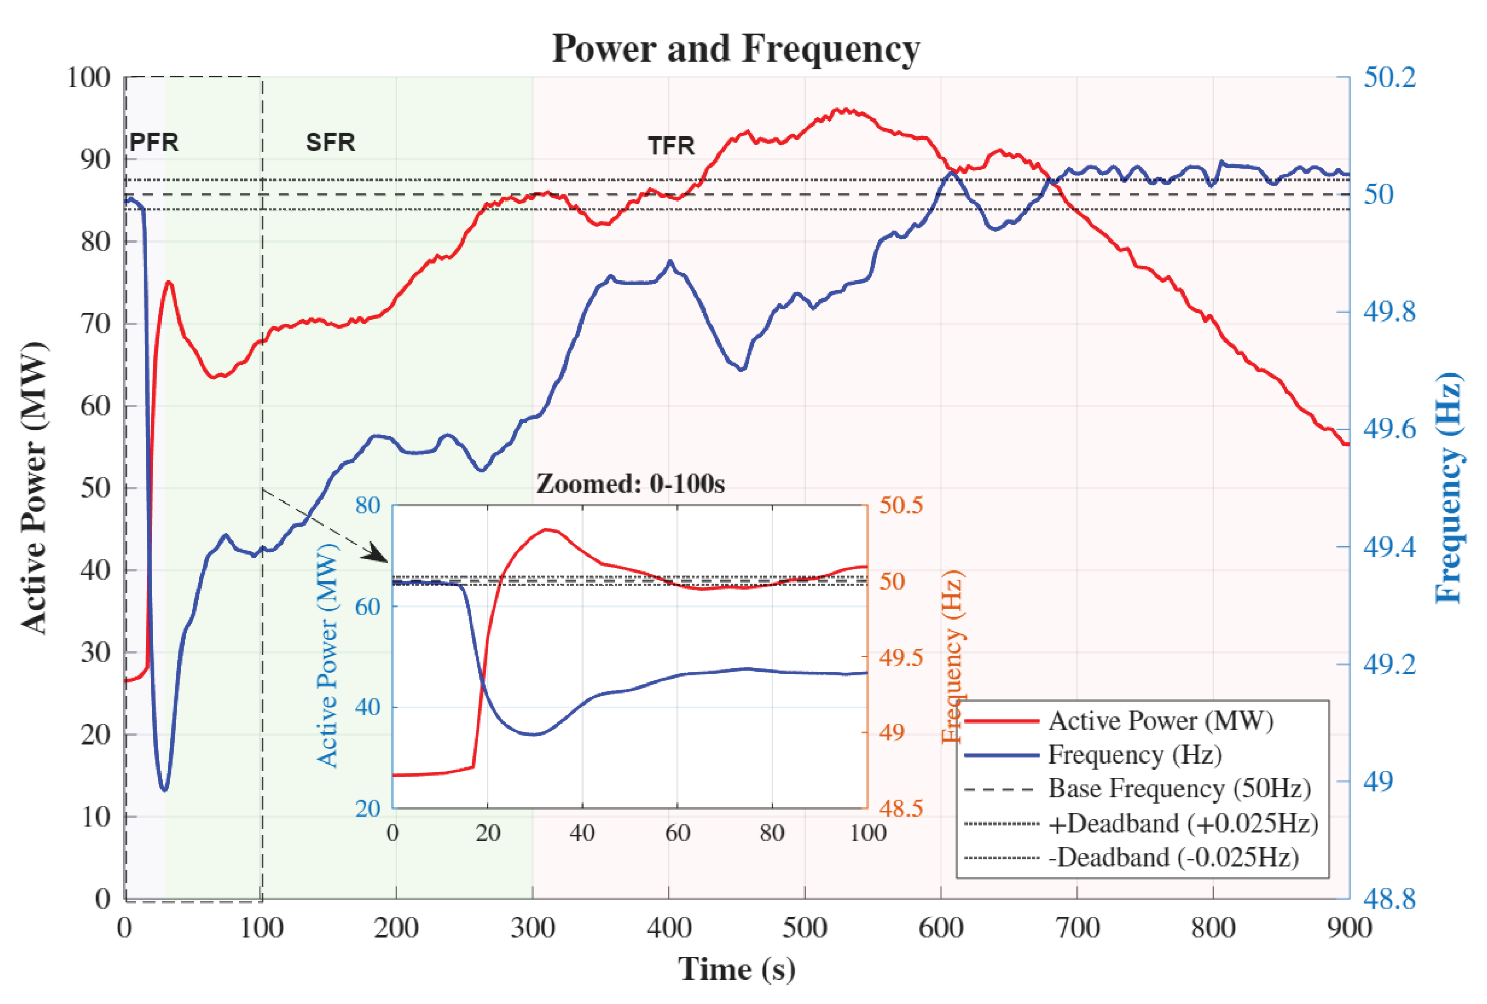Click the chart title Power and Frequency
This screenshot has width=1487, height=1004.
(736, 49)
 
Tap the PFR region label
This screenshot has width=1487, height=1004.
(154, 142)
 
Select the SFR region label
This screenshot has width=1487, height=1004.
(330, 142)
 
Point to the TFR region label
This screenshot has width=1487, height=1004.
(671, 146)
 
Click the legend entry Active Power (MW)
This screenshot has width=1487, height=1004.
(1160, 721)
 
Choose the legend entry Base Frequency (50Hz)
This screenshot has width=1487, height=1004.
(1179, 789)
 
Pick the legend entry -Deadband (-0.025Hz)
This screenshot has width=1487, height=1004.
(1173, 857)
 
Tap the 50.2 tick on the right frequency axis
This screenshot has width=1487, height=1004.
(1389, 77)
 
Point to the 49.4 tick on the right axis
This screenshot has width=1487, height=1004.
(1389, 547)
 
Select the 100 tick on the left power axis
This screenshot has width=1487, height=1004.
(89, 77)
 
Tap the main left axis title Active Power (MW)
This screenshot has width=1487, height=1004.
(34, 488)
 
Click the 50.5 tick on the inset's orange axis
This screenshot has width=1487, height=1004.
(901, 506)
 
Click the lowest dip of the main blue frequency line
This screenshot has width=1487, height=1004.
(165, 789)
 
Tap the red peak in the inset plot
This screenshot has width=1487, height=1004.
(546, 530)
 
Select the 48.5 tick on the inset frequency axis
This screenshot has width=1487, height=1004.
(901, 809)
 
